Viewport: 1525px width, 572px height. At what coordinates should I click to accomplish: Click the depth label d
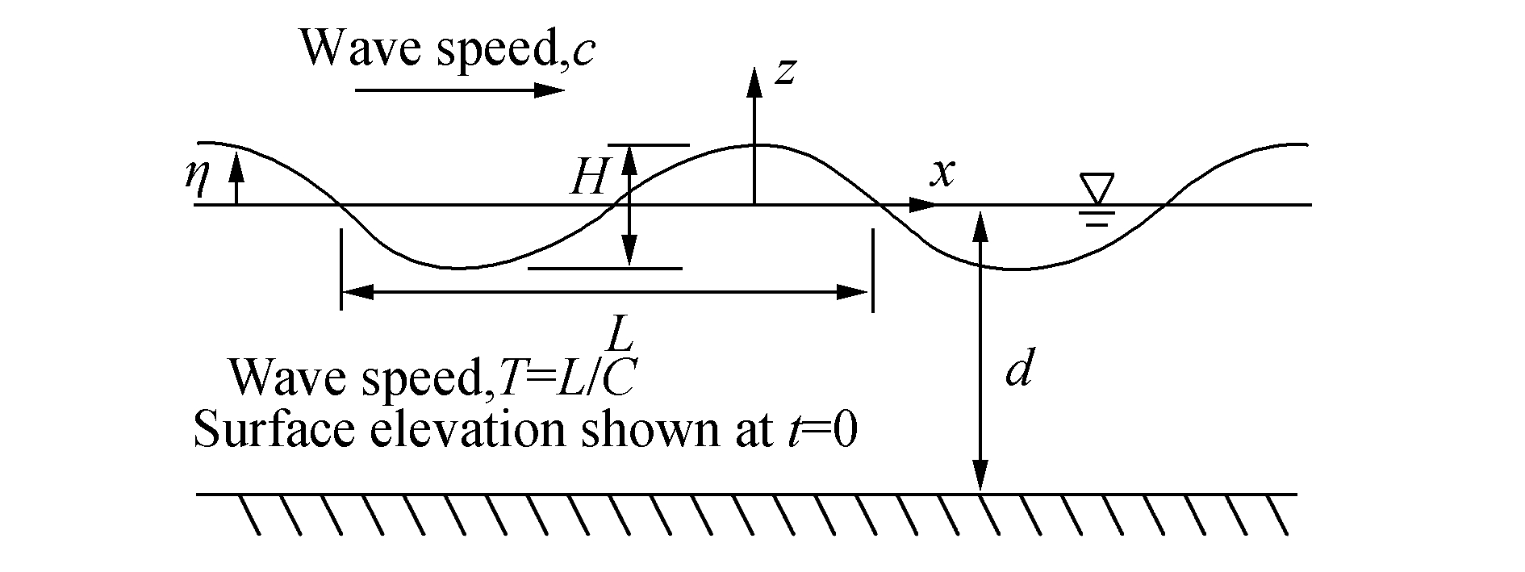[x=1018, y=372]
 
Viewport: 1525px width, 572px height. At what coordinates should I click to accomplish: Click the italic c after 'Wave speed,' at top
[x=583, y=50]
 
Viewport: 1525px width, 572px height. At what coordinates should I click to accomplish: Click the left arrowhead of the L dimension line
[x=359, y=292]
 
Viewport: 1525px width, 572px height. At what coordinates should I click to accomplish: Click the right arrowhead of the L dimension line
[x=853, y=292]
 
